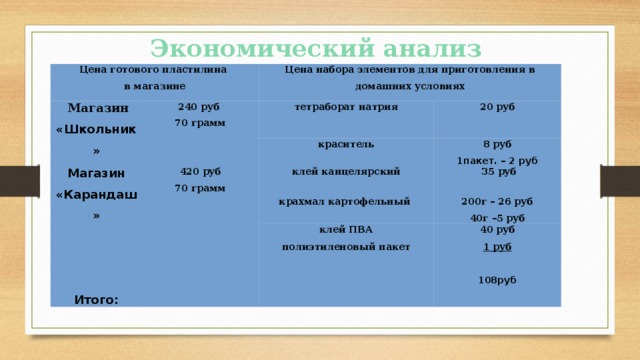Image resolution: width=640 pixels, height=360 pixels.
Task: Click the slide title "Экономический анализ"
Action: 316,47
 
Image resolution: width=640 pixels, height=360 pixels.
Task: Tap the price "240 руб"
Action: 198,107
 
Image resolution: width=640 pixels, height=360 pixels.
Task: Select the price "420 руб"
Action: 198,170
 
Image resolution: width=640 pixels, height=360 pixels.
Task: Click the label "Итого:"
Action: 96,298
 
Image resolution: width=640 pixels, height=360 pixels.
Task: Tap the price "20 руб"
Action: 497,107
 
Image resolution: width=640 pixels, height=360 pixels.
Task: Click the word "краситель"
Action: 345,144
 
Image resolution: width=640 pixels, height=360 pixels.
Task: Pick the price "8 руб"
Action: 497,144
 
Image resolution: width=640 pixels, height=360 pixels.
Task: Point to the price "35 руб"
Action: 497,172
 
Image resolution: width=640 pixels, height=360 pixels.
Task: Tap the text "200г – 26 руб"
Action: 497,201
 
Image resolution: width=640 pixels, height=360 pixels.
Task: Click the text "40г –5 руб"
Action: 497,218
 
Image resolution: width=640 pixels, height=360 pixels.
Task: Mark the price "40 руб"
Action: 497,230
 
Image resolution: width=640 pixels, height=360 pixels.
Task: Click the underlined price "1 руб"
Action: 497,246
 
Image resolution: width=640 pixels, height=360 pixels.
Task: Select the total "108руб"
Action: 497,281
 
